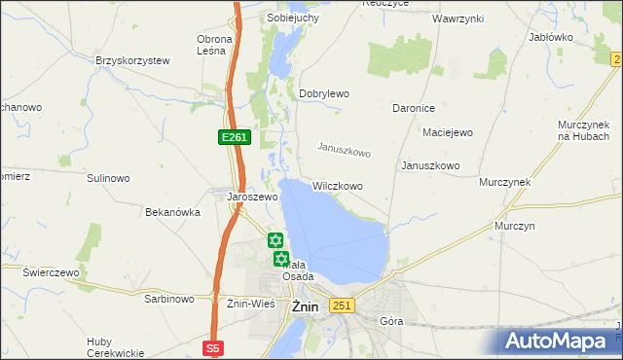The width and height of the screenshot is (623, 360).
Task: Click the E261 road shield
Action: click(235, 138)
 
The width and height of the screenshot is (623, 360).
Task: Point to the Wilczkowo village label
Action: click(338, 185)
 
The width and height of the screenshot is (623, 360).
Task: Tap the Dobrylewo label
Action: click(323, 93)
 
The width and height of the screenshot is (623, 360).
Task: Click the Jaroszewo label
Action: click(252, 196)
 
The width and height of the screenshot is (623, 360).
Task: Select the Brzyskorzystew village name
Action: click(132, 60)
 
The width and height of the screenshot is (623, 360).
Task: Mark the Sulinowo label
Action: click(108, 178)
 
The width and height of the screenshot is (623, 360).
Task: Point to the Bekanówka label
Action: click(172, 211)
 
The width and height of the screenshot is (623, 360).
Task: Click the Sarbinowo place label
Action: click(168, 299)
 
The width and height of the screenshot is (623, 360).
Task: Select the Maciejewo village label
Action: click(447, 132)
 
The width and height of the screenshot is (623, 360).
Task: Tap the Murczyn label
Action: click(515, 225)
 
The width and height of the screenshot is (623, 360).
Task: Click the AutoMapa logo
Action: click(561, 341)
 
